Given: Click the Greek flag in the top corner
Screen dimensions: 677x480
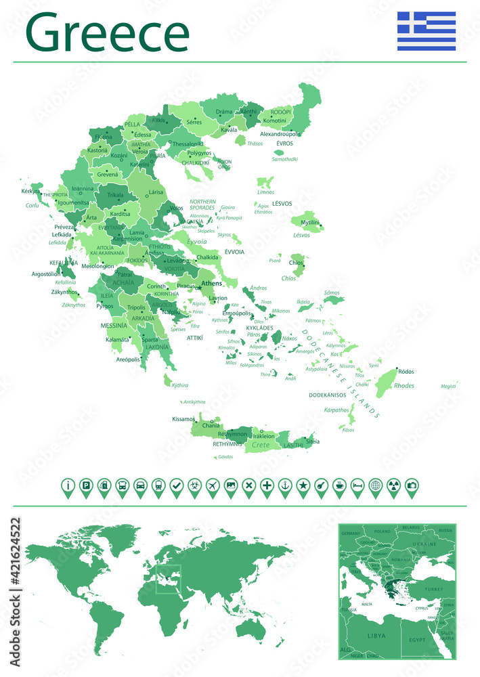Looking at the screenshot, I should coord(426,31).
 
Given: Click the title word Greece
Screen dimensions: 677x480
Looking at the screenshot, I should coord(107,34).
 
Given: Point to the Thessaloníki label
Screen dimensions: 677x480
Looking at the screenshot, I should coord(188,144).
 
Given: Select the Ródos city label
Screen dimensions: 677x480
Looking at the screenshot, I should coord(406,371).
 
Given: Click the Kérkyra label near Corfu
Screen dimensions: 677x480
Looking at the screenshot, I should coord(31,192).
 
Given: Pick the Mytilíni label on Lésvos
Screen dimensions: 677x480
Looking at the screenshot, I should coord(310,222).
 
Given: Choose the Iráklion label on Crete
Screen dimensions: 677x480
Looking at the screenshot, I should coord(269,437).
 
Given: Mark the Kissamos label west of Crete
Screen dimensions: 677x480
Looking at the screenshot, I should coord(183,418).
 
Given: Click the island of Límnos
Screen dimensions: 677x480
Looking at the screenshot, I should coord(265,182).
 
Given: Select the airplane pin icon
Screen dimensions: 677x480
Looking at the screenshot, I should coord(213,485).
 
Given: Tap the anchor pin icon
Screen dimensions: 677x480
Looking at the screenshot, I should coord(285,485).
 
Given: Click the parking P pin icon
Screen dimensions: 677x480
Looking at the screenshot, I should coord(86,485).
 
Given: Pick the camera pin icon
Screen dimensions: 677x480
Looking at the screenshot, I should coord(412,485).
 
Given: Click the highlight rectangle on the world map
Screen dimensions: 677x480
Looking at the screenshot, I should coord(169,579).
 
